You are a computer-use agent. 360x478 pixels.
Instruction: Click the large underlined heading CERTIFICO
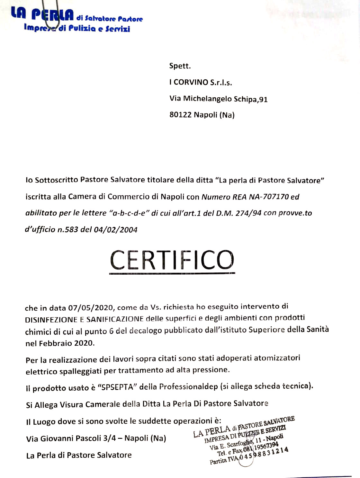[172, 260]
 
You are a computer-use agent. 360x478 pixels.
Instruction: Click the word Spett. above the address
[180, 66]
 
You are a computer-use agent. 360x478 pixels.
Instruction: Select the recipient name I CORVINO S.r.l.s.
[201, 82]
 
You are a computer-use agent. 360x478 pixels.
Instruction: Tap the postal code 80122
[180, 115]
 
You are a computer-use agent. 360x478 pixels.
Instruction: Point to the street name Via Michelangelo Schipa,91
[219, 99]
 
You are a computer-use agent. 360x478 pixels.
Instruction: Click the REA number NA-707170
[269, 197]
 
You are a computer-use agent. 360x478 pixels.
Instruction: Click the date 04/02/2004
[115, 230]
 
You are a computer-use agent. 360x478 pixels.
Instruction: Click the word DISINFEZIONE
[51, 320]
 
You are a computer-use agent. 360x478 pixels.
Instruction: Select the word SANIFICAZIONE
[115, 319]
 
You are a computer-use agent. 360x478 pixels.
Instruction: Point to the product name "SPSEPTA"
[117, 387]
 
